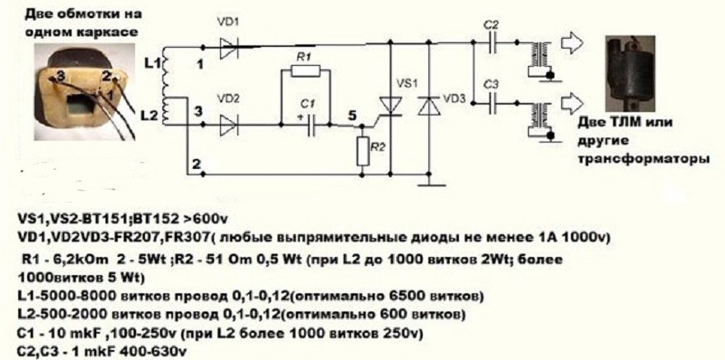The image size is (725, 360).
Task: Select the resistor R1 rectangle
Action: pyautogui.click(x=305, y=72)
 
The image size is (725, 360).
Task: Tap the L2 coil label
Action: pyautogui.click(x=151, y=114)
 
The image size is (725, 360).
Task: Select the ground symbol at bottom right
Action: pyautogui.click(x=430, y=183)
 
